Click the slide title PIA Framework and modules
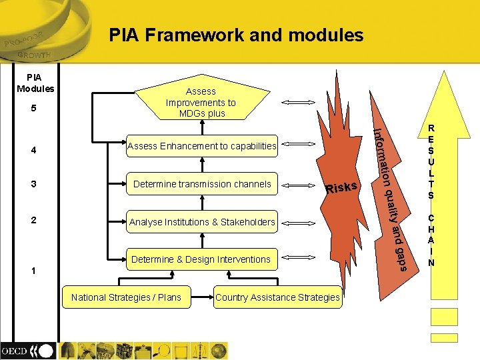tap(237, 35)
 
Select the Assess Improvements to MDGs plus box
tap(201, 102)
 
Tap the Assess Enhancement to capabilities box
tap(201, 145)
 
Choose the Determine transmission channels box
tap(202, 184)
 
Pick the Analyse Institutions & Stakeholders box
tap(202, 222)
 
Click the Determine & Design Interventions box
tap(201, 259)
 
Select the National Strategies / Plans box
tap(126, 297)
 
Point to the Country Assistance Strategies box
tap(277, 297)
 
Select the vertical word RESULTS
tap(431, 161)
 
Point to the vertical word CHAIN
tap(431, 240)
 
